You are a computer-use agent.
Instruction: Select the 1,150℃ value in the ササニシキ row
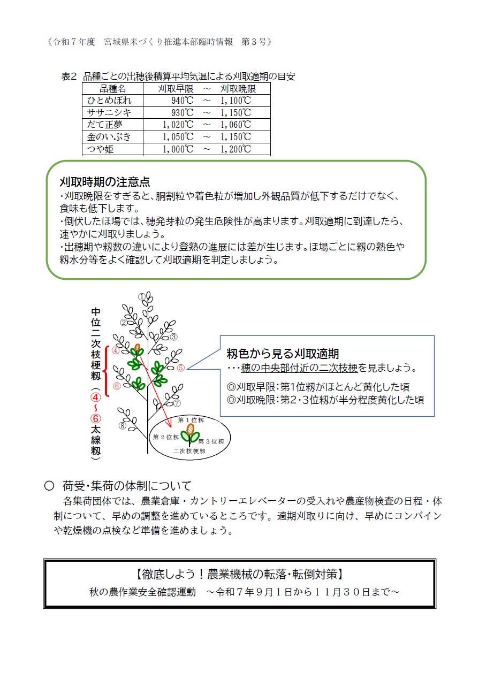point(236,113)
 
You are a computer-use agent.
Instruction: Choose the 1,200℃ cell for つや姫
point(236,149)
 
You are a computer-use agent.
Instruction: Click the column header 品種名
point(112,89)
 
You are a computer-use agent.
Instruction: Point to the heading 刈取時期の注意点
point(104,182)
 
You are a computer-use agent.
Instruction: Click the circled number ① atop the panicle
point(141,296)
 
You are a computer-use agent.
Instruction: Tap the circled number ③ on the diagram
point(173,337)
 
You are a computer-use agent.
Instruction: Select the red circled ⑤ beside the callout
point(181,368)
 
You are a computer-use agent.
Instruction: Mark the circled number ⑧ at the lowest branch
point(123,426)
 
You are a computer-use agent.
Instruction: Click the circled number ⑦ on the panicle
point(177,403)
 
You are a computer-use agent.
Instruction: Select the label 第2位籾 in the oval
point(166,437)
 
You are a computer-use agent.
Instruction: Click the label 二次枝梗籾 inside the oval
point(189,452)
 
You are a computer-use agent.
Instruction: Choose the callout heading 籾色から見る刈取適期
point(283,354)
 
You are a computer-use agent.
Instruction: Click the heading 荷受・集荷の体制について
point(126,486)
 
